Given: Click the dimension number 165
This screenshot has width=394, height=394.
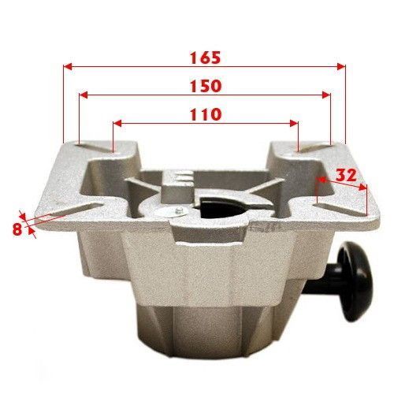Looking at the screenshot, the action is coord(205,58).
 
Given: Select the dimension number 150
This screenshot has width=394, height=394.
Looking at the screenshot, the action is coord(206,86).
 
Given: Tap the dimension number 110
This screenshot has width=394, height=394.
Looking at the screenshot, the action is coord(206,114).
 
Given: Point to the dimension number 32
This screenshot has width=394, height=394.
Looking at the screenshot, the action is coord(346,175).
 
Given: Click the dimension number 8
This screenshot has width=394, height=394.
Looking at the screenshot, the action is coord(17,229).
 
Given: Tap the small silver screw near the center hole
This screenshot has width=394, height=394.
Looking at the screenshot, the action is coord(180,210).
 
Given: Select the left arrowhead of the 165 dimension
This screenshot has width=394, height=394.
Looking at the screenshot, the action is coord(68,67).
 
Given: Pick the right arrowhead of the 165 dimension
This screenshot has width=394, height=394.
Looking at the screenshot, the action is coord(341,67).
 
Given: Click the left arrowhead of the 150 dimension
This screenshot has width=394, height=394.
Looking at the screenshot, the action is coord(84,95).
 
